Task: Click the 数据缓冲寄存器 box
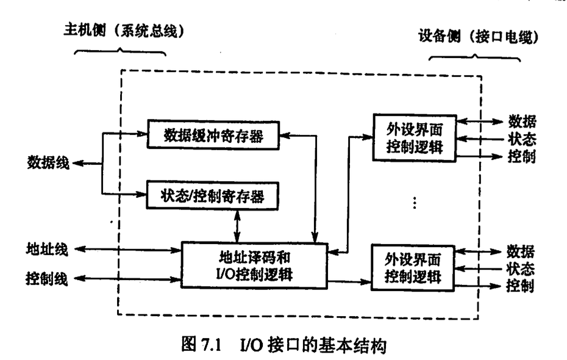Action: (213, 135)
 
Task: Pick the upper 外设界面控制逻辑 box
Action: (413, 139)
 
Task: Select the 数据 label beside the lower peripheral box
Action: (522, 251)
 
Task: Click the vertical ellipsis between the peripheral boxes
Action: (414, 203)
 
